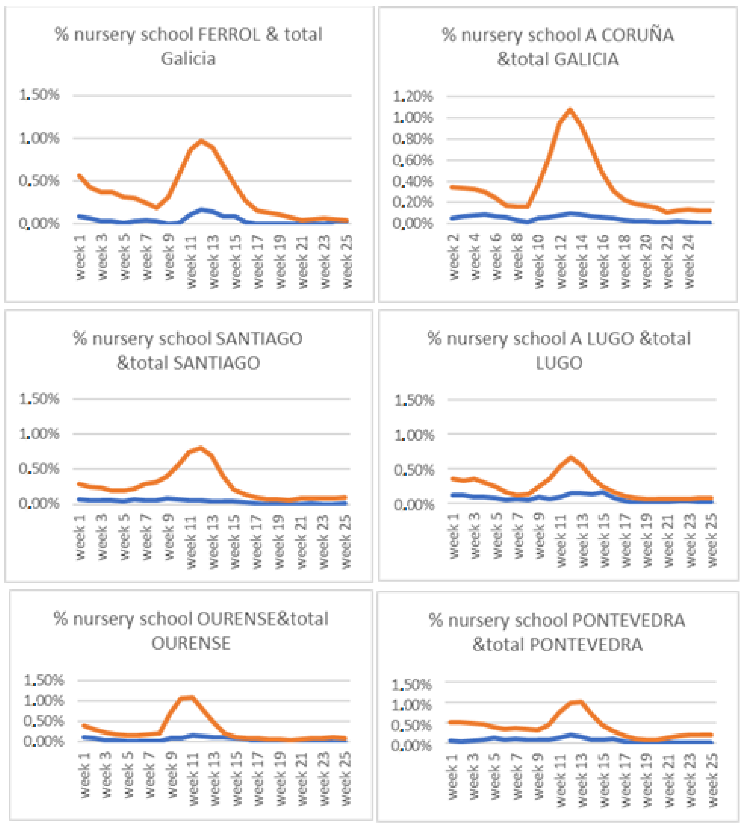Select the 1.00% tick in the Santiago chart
tap(39, 434)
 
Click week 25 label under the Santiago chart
tap(346, 541)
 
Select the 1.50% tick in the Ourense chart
tap(44, 681)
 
